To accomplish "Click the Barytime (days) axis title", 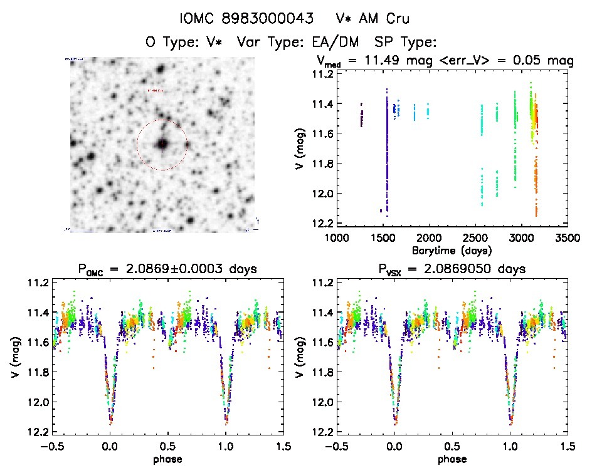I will [x=452, y=250].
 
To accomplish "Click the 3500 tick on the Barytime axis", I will [x=568, y=238].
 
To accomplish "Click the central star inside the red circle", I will [x=162, y=143].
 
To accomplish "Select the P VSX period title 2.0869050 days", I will [x=452, y=269].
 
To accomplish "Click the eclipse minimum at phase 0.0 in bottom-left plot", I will [x=111, y=421].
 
